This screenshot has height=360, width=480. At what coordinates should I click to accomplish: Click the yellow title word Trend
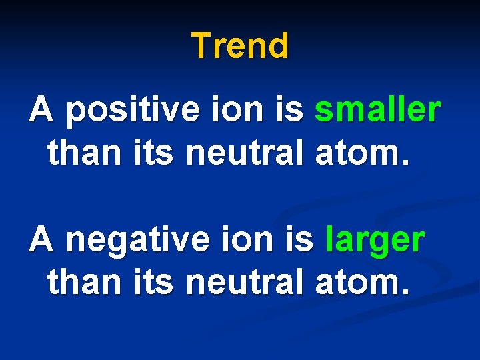pyautogui.click(x=240, y=46)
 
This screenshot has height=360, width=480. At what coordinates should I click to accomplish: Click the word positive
pyautogui.click(x=132, y=112)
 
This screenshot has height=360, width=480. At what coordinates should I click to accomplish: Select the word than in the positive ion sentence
pyautogui.click(x=82, y=153)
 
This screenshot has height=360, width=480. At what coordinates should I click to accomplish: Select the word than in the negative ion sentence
pyautogui.click(x=82, y=283)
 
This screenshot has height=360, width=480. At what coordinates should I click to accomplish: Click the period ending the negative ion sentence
pyautogui.click(x=402, y=293)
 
